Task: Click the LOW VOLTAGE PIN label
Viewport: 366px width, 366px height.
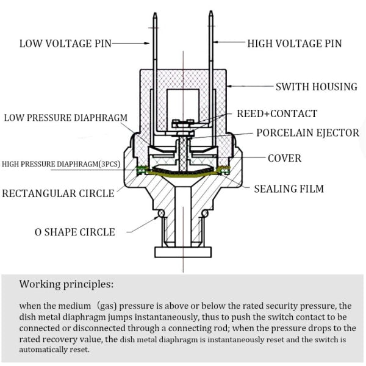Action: coord(65,43)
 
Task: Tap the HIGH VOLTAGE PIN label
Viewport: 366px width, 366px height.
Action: coord(294,43)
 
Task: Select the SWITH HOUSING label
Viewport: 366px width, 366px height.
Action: coord(316,87)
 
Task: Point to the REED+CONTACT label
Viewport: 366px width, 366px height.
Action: coord(277,113)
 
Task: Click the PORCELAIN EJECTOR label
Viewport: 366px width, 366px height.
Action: coord(307,132)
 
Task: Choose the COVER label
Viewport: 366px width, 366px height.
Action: coord(284,158)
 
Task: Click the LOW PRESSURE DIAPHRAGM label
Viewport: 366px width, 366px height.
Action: coord(65,118)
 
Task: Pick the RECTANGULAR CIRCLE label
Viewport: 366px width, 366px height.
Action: coord(58,193)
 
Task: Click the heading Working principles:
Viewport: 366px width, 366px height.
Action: coord(66,284)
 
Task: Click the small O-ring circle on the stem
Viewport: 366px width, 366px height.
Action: coord(160,213)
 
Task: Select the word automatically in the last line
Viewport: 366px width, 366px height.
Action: coord(54,350)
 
